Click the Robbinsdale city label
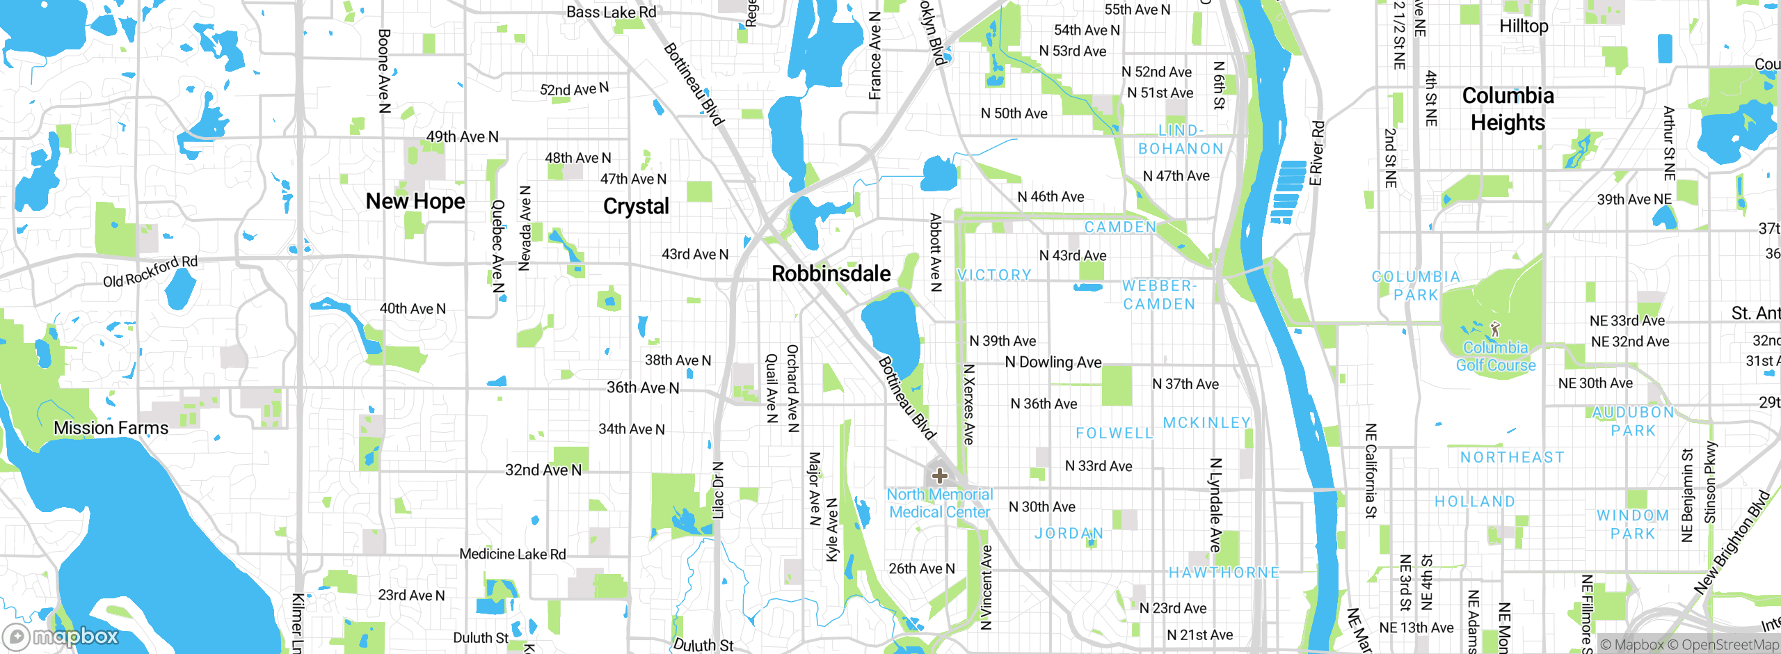click(831, 274)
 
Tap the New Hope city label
click(415, 202)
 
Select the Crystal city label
click(636, 207)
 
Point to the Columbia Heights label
click(1508, 109)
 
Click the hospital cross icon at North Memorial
click(940, 476)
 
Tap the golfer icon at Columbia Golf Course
click(1495, 328)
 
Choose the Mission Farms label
click(111, 428)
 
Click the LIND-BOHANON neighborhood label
click(1181, 140)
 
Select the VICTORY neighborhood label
click(994, 276)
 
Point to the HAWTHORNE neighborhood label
click(1224, 573)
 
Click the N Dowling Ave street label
click(1053, 362)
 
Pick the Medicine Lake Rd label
click(513, 555)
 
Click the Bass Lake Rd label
click(611, 13)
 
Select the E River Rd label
click(1317, 154)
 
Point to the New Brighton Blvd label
click(1732, 543)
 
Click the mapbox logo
click(61, 637)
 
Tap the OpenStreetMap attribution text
click(1730, 645)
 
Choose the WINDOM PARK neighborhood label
click(1633, 525)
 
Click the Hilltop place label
click(1524, 26)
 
